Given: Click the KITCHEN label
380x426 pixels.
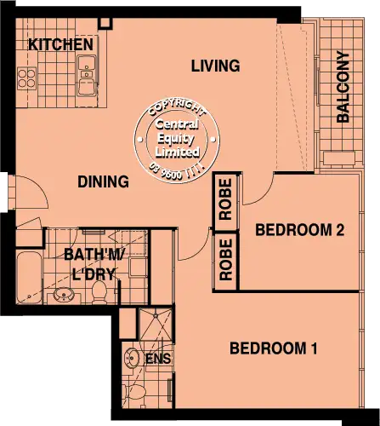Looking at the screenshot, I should click(x=60, y=44).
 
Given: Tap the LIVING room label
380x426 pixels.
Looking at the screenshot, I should click(x=215, y=66).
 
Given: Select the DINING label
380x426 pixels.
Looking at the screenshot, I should click(x=103, y=181).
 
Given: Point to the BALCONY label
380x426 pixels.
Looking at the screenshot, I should click(x=343, y=89).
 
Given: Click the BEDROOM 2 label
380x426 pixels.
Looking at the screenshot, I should click(x=298, y=230).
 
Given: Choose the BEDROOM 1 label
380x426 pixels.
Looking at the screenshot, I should click(x=273, y=348).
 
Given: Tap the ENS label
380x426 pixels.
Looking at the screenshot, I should click(x=158, y=359).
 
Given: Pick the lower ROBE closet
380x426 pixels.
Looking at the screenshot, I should click(x=226, y=261).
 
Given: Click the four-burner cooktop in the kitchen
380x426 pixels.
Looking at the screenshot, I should click(x=27, y=78).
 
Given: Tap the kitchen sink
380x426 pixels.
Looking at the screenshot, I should click(x=87, y=75).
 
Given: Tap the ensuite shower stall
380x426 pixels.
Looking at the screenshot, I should click(x=155, y=327).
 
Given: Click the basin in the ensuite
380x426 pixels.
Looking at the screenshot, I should click(x=131, y=357).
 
